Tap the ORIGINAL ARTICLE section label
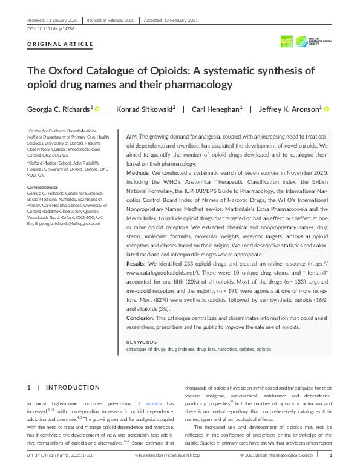[61, 44]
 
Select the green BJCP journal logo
[287, 41]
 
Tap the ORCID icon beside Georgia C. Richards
[97, 109]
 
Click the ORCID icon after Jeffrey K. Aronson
[326, 109]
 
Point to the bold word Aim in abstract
[132, 138]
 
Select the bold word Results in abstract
[137, 264]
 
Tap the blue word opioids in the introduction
[154, 403]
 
